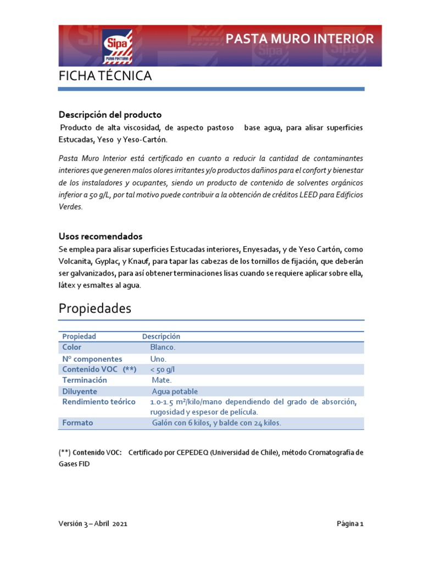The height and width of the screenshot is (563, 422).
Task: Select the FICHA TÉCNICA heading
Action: [105, 76]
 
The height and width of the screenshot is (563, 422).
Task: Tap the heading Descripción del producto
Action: [110, 115]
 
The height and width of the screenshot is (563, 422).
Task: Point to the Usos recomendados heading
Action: [101, 236]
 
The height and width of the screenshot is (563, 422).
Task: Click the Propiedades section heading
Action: [95, 309]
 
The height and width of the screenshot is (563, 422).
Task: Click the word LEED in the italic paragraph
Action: [303, 195]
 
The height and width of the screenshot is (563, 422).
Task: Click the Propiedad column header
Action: [79, 336]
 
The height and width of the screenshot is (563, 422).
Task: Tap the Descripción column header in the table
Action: [161, 336]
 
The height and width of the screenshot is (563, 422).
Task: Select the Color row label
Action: [72, 347]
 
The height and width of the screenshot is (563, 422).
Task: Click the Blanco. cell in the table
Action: [163, 347]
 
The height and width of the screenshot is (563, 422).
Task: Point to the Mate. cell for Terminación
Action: [162, 380]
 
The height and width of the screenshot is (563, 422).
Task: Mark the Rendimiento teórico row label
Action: [99, 402]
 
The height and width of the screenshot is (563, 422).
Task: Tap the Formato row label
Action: [77, 423]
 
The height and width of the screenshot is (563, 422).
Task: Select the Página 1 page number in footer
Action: [350, 524]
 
